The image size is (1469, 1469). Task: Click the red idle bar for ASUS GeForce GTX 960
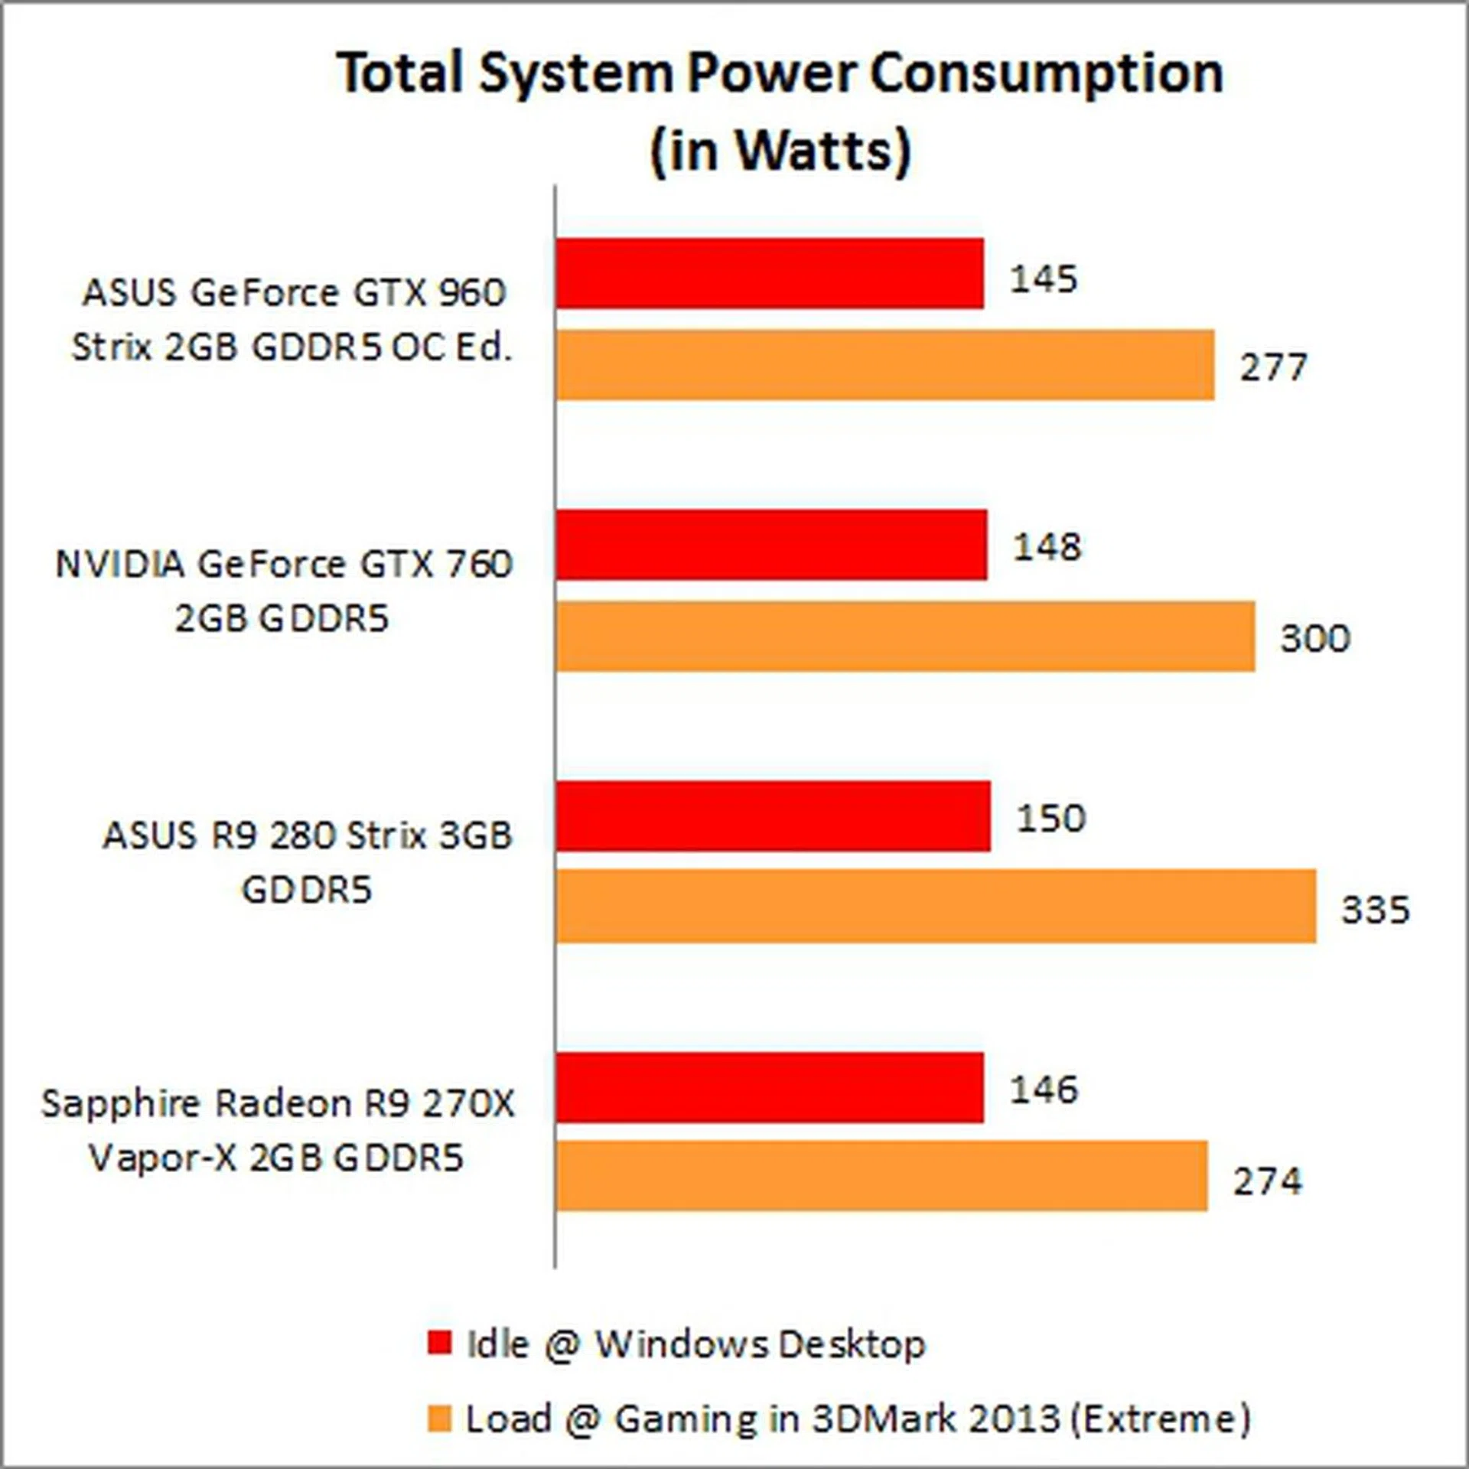pyautogui.click(x=770, y=273)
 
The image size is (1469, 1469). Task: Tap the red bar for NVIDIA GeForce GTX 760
pyautogui.click(x=771, y=545)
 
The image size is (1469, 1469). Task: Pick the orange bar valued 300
pyautogui.click(x=905, y=637)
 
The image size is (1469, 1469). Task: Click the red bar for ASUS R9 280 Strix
pyautogui.click(x=773, y=816)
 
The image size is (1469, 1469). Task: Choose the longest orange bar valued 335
pyautogui.click(x=936, y=907)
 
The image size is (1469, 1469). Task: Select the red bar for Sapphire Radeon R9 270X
pyautogui.click(x=770, y=1087)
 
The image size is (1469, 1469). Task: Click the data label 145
pyautogui.click(x=1044, y=278)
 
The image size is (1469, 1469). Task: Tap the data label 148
pyautogui.click(x=1047, y=547)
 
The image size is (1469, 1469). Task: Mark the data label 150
pyautogui.click(x=1050, y=818)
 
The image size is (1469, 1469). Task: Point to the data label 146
pyautogui.click(x=1044, y=1090)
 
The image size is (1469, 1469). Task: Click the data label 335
pyautogui.click(x=1375, y=910)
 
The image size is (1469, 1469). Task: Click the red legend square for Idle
pyautogui.click(x=440, y=1343)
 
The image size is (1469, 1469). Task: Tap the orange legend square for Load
pyautogui.click(x=440, y=1419)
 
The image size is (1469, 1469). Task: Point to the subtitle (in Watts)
pyautogui.click(x=780, y=150)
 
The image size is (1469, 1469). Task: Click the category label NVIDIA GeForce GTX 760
pyautogui.click(x=283, y=591)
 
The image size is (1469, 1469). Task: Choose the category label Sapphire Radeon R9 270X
pyautogui.click(x=278, y=1130)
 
